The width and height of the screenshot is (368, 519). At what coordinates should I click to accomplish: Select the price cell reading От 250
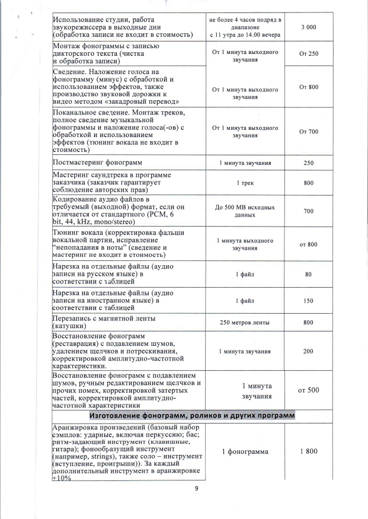tap(308, 54)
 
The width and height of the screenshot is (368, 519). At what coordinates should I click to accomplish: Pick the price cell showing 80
tap(308, 275)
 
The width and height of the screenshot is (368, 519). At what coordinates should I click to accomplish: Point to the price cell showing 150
tap(308, 301)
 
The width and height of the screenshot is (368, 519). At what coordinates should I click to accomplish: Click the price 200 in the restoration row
tap(308, 352)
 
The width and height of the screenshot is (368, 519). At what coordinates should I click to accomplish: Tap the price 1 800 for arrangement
tap(308, 451)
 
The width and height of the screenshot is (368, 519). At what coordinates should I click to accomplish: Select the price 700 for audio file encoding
tap(308, 211)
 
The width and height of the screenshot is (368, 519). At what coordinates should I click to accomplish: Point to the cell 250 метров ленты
tap(245, 322)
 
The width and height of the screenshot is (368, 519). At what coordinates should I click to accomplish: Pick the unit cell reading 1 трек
tap(245, 183)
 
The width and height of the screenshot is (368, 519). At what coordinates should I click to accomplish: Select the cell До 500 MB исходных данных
tap(245, 211)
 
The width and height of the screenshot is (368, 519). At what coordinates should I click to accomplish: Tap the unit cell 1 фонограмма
tap(245, 451)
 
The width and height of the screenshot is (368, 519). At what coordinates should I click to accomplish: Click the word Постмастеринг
tap(80, 162)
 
